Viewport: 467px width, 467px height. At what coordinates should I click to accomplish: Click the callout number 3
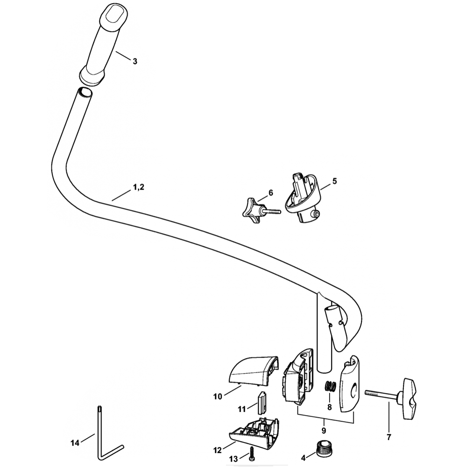click(135, 61)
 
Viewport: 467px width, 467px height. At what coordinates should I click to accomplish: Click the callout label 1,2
click(139, 187)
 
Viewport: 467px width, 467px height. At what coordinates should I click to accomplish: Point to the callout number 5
click(334, 180)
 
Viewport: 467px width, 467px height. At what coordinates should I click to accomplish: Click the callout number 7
click(389, 438)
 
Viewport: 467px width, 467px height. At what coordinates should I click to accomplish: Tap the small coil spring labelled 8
click(331, 386)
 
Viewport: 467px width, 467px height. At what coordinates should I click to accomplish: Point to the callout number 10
click(218, 397)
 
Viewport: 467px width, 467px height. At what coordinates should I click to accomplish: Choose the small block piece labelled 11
click(262, 401)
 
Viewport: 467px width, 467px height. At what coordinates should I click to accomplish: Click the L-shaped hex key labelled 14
click(102, 434)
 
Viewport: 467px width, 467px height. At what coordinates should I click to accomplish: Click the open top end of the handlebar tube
click(85, 92)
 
